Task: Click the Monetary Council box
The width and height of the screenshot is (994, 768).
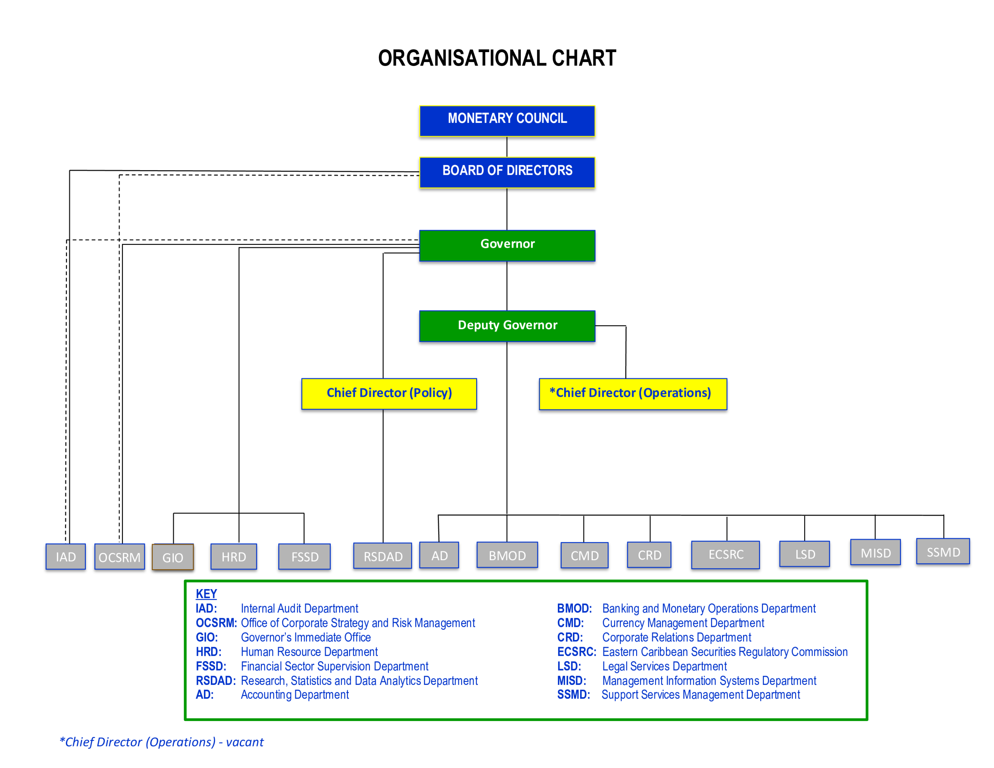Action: [x=507, y=121]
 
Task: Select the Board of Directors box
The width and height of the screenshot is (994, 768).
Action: [x=507, y=173]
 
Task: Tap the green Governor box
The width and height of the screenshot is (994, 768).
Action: [x=507, y=245]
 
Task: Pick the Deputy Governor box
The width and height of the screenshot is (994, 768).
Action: [x=507, y=326]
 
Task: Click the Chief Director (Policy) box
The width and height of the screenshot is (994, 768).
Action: [x=389, y=394]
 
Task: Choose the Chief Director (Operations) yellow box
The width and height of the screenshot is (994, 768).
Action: [x=633, y=394]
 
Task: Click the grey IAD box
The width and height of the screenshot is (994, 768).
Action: [x=66, y=557]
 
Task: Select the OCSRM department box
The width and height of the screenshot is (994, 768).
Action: [x=119, y=557]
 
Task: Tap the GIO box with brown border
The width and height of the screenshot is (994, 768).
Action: [x=173, y=557]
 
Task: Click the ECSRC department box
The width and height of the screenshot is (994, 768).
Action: [x=726, y=554]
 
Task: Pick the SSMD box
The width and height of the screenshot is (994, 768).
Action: [x=943, y=551]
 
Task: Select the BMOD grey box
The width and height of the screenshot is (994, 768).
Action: [x=507, y=555]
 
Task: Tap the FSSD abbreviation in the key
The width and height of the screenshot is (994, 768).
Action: [x=211, y=666]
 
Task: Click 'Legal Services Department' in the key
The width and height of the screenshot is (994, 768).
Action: [x=664, y=666]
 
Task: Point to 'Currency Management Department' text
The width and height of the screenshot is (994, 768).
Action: [x=683, y=623]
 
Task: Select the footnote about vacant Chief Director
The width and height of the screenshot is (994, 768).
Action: [x=161, y=742]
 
